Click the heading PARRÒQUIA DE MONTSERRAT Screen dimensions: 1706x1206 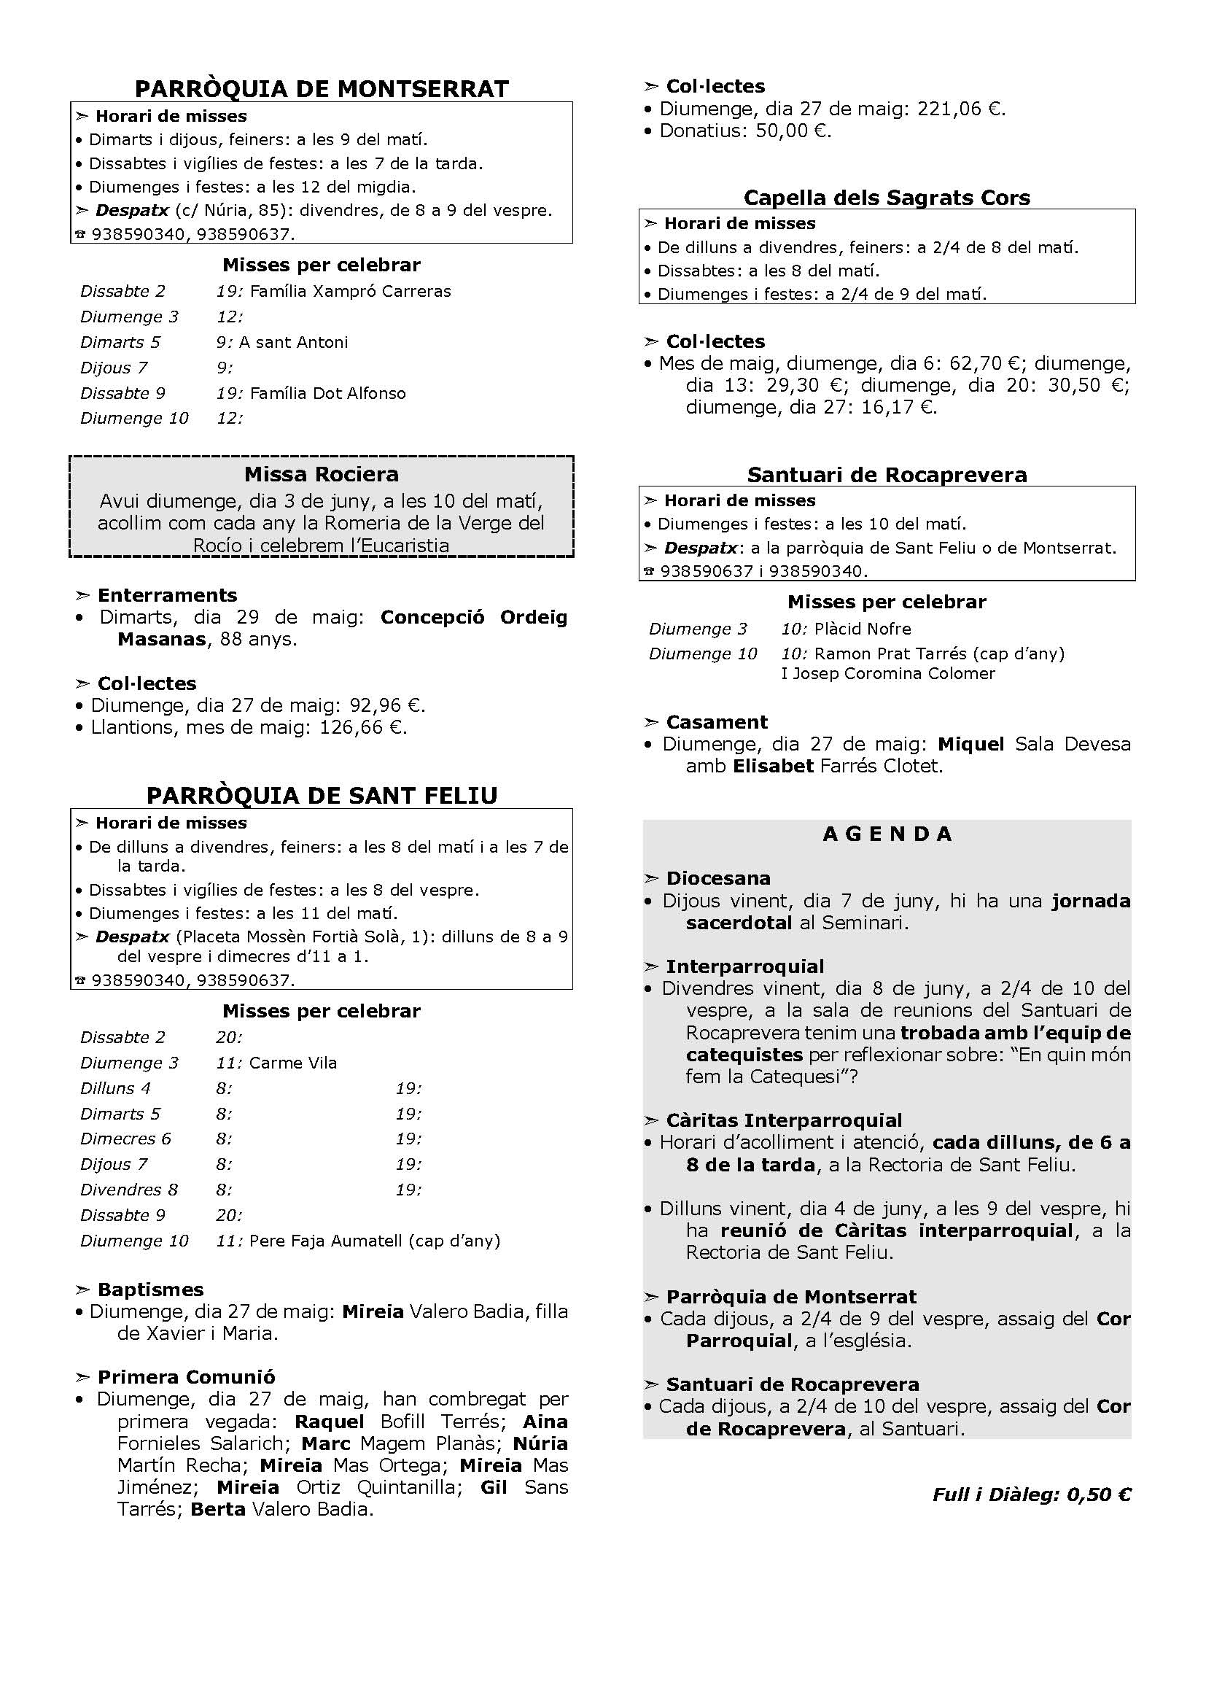(322, 89)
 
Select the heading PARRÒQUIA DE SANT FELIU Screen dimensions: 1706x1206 (322, 796)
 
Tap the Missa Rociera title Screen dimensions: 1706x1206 (322, 474)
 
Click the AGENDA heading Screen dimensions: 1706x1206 (887, 834)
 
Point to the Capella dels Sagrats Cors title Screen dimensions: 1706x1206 (887, 198)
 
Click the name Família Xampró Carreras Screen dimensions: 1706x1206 (351, 291)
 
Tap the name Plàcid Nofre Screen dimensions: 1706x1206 (862, 629)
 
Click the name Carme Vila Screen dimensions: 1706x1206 (292, 1063)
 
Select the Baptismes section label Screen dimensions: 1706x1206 (150, 1289)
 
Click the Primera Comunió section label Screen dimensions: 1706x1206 (187, 1377)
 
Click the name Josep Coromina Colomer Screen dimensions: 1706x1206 (893, 673)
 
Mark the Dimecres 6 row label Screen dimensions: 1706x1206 (125, 1139)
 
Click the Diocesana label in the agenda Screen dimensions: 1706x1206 (718, 878)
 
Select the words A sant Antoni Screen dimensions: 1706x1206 (293, 343)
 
